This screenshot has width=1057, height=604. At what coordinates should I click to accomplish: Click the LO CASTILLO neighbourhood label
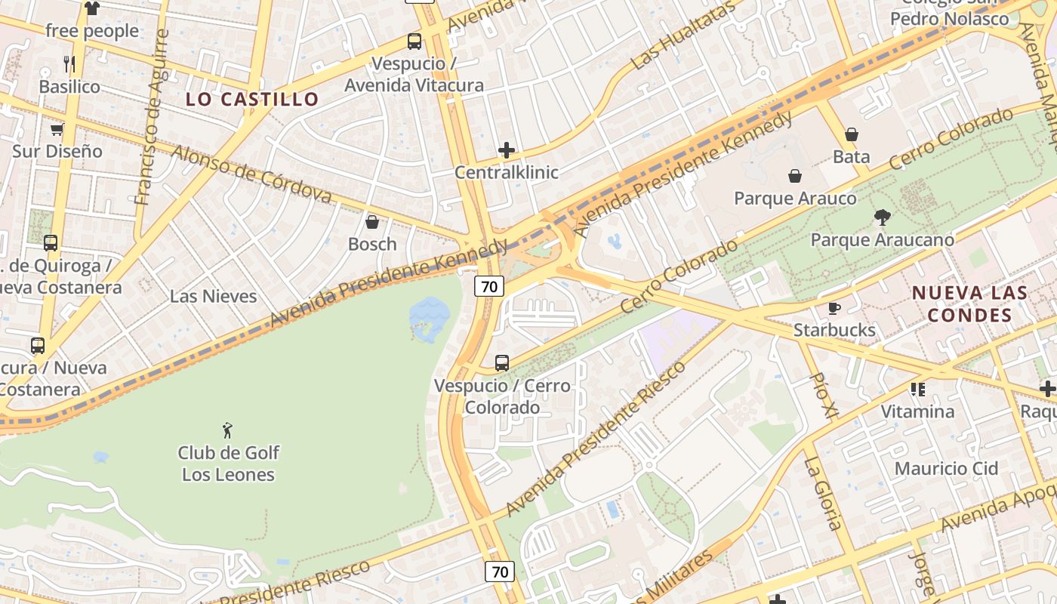(253, 99)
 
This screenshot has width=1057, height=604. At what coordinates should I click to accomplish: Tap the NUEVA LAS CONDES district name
(969, 304)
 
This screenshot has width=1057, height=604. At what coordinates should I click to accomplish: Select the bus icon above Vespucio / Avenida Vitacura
(414, 42)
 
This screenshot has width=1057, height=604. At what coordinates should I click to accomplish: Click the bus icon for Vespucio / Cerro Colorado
(502, 363)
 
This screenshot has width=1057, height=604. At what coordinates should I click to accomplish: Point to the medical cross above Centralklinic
(507, 150)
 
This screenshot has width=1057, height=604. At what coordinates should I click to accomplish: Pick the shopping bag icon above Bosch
(371, 222)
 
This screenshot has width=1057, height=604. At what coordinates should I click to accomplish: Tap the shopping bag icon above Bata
(852, 134)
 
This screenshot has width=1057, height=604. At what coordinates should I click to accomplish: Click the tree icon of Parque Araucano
(882, 218)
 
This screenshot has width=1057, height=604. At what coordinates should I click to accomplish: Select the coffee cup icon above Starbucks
(834, 308)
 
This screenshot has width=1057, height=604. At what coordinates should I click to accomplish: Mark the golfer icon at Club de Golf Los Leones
(228, 430)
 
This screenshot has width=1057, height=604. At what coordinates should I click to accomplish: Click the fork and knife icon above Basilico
(69, 63)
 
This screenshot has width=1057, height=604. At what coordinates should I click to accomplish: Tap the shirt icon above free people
(92, 9)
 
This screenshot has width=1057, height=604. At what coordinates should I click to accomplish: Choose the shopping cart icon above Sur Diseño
(57, 129)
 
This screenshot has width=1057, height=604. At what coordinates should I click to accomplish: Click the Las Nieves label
(213, 296)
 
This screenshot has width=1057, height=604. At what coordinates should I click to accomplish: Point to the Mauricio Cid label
(946, 469)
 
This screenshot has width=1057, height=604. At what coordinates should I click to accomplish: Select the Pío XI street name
(824, 395)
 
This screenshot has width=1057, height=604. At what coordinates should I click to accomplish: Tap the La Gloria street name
(822, 494)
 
